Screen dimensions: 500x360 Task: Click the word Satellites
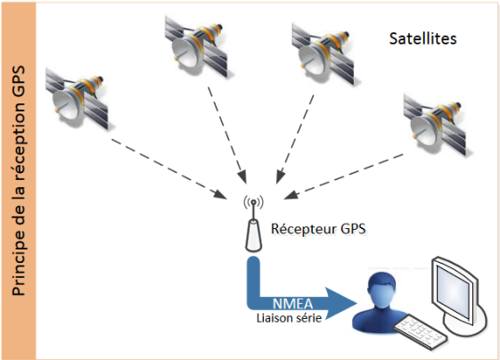tap(422, 38)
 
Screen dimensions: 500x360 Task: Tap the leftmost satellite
tap(78, 99)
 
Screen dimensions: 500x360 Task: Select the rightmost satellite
tap(435, 125)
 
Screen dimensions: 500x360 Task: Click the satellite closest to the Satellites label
tap(324, 53)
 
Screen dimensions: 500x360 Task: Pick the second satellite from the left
tap(196, 46)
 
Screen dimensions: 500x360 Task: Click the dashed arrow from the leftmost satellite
tap(169, 169)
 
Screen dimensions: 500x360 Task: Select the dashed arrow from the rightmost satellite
tap(343, 177)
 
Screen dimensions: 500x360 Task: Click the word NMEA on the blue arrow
tap(292, 304)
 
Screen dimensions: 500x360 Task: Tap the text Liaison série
tap(289, 318)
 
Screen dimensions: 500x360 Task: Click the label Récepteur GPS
tap(318, 229)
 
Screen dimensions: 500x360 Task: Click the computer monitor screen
tap(453, 291)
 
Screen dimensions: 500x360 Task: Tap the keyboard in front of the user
tap(420, 331)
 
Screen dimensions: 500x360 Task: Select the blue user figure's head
tap(381, 290)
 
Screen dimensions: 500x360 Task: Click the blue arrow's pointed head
tap(341, 304)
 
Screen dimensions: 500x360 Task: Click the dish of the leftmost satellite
tap(66, 104)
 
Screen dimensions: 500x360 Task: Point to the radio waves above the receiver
tap(253, 202)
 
